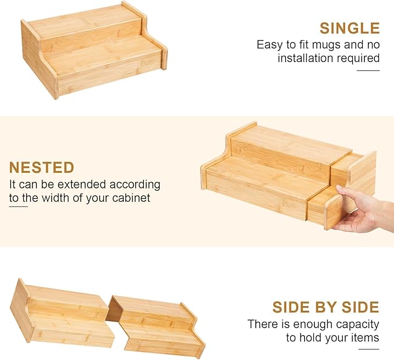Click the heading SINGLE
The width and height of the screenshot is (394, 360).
click(x=349, y=28)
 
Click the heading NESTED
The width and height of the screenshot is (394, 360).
click(x=42, y=168)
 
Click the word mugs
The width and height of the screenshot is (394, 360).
click(x=326, y=45)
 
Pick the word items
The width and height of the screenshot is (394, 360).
click(x=365, y=337)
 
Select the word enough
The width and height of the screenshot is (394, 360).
click(x=313, y=325)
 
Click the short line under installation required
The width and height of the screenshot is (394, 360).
click(x=368, y=71)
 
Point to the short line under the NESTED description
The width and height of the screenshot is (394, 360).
click(x=19, y=206)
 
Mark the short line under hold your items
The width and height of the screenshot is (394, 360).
click(x=369, y=349)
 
